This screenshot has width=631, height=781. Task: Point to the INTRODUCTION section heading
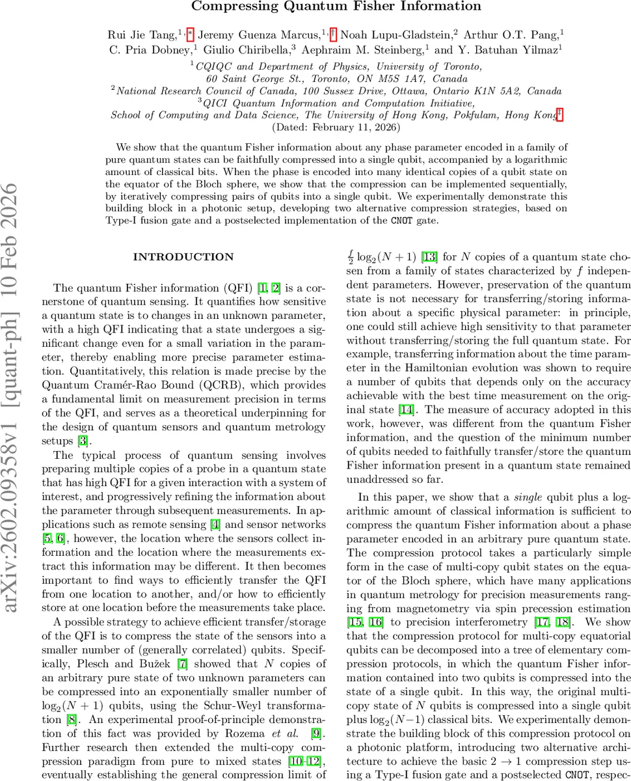click(183, 257)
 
